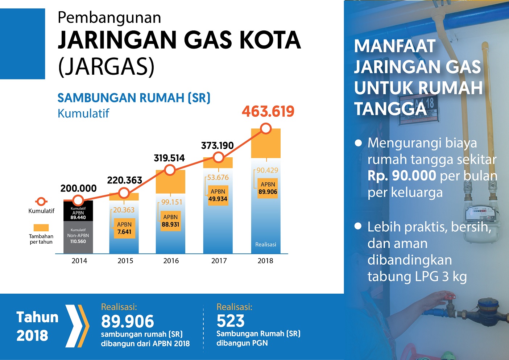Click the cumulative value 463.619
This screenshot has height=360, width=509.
[268, 111]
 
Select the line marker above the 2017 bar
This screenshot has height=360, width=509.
[218, 157]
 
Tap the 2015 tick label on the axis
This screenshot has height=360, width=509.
[125, 261]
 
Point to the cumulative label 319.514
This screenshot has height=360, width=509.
[169, 158]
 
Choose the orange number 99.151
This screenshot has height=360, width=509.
[172, 202]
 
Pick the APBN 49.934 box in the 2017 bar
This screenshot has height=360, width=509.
[218, 195]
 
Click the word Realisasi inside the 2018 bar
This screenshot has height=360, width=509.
[266, 245]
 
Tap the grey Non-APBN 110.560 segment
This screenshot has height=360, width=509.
[78, 236]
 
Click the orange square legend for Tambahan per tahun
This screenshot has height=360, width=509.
[41, 228]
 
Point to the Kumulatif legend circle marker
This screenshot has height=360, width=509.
[41, 202]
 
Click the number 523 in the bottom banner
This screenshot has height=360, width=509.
[231, 321]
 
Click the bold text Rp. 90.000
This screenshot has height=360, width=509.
[402, 176]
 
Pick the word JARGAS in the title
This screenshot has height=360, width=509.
[106, 66]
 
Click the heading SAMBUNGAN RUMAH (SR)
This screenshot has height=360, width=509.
[134, 98]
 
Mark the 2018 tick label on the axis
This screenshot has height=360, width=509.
[265, 261]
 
